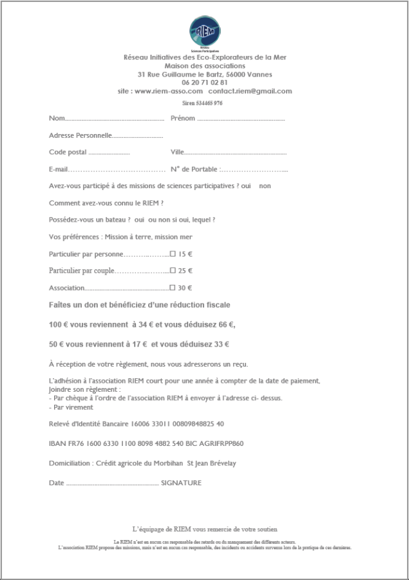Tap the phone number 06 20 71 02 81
[x=205, y=82]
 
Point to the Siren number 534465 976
[x=204, y=104]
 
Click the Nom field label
[x=57, y=119]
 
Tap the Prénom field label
[x=183, y=119]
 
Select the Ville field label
[x=177, y=152]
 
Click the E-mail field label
[x=59, y=169]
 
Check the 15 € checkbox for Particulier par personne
[x=172, y=254]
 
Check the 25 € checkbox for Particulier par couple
[x=172, y=271]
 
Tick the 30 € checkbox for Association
[x=172, y=288]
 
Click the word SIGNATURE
[x=181, y=483]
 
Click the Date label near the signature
[x=57, y=483]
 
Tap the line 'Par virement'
[x=73, y=407]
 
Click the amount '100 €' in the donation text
[x=58, y=324]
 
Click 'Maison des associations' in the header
[x=205, y=66]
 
